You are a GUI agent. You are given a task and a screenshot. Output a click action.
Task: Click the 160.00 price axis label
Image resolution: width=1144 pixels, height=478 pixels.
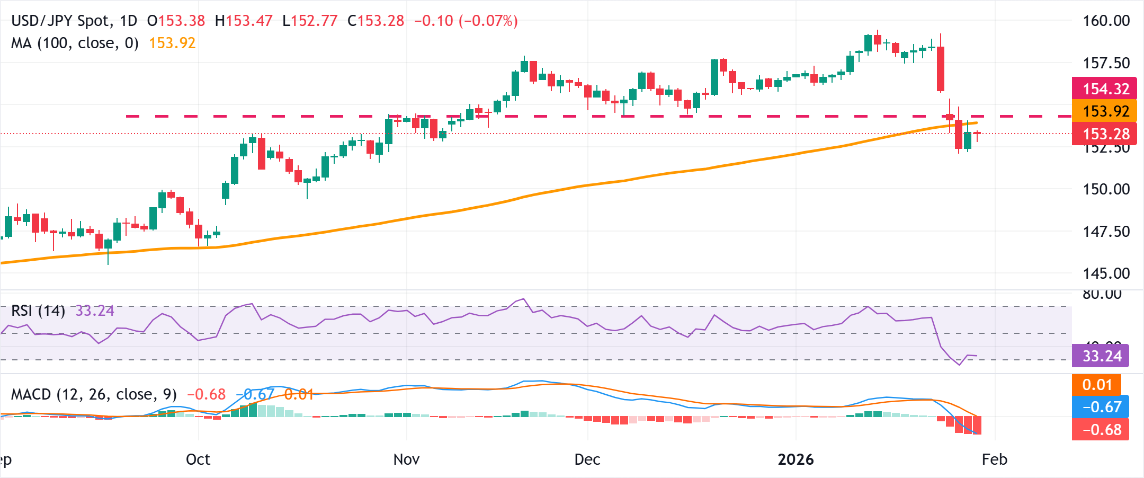pos(1106,21)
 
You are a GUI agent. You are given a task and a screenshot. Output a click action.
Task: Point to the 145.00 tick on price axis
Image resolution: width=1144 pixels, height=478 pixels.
pos(1106,273)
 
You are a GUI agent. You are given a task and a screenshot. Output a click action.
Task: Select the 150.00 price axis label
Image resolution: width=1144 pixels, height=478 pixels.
pos(1106,189)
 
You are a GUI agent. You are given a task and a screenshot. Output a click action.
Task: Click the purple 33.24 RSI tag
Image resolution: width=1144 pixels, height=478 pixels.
pos(1101,356)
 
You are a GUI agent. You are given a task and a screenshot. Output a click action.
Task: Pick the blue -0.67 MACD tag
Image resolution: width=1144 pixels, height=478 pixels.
pos(1101,407)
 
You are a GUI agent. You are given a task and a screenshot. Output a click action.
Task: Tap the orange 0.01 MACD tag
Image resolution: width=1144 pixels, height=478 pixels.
pos(1096,385)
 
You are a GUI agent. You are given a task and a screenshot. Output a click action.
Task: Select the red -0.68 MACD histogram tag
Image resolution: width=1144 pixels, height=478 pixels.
pos(1101,430)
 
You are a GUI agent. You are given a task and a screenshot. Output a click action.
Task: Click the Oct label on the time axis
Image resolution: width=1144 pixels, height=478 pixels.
pos(198,459)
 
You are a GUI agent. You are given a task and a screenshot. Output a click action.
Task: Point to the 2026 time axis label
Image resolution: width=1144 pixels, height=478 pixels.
pos(796,459)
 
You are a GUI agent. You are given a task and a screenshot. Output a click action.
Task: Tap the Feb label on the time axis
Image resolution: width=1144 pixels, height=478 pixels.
pos(994,459)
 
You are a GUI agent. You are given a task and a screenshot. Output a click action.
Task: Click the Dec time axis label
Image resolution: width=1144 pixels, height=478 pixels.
pos(587,459)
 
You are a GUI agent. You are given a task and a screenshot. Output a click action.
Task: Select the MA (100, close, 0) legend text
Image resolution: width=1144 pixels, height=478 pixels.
pos(75,43)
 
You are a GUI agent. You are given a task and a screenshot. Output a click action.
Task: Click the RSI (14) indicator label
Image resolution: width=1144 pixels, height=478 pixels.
pos(38,311)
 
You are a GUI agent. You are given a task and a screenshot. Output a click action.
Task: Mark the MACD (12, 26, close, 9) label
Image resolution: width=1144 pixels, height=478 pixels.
pos(94,394)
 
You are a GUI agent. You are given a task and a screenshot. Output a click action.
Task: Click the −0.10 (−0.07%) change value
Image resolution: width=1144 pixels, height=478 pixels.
pos(466,21)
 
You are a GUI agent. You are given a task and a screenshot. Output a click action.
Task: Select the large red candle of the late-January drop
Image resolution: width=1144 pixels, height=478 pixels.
pos(941,69)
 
